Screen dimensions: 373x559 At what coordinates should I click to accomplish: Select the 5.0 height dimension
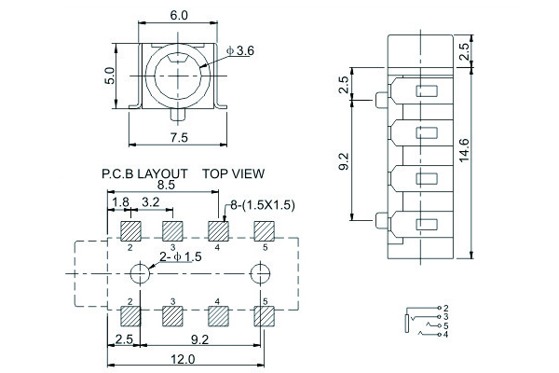pyautogui.click(x=108, y=76)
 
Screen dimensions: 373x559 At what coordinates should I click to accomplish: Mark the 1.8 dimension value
pyautogui.click(x=120, y=202)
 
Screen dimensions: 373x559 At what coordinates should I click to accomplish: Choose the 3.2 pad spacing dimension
pyautogui.click(x=151, y=202)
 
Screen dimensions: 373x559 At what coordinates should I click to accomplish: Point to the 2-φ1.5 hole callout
pyautogui.click(x=181, y=258)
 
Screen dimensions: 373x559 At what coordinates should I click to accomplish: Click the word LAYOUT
pyautogui.click(x=165, y=173)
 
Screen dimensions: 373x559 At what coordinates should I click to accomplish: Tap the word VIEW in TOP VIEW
pyautogui.click(x=248, y=173)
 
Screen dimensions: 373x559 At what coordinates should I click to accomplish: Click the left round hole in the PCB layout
pyautogui.click(x=139, y=274)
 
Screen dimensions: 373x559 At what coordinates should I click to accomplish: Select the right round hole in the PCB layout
pyautogui.click(x=260, y=274)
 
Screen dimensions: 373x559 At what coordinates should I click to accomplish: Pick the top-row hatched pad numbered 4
pyautogui.click(x=218, y=229)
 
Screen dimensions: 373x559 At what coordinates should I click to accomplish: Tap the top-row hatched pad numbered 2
pyautogui.click(x=130, y=229)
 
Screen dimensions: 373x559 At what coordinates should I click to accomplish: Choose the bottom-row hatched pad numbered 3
pyautogui.click(x=173, y=316)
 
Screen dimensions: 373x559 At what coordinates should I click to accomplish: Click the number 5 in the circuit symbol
pyautogui.click(x=446, y=325)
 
